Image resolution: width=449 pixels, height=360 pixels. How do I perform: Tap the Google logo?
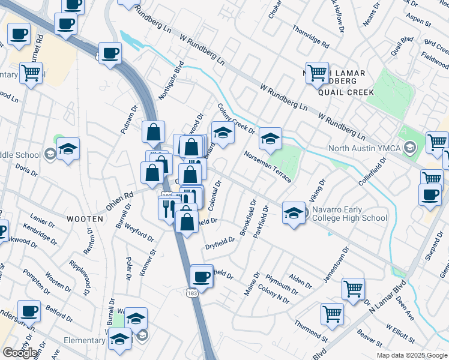(20, 353)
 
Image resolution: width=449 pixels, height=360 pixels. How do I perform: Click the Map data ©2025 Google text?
(411, 355)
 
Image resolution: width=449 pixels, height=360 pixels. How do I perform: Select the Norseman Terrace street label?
(268, 167)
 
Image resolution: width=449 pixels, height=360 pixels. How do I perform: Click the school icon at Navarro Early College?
(293, 213)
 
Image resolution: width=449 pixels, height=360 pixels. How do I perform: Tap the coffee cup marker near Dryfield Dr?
(201, 277)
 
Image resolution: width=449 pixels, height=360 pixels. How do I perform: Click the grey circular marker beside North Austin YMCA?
(410, 148)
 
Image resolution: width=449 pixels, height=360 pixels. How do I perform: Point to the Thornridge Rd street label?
(310, 37)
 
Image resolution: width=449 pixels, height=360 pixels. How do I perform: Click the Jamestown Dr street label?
(336, 267)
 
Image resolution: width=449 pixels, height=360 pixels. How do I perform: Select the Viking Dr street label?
(316, 190)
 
